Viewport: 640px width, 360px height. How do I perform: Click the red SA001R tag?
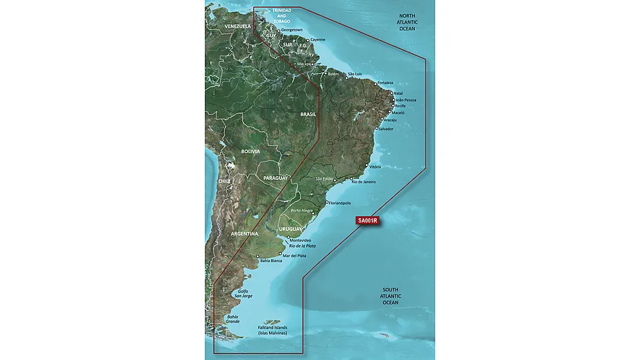(367, 221)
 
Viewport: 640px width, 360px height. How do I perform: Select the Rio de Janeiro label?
(364, 181)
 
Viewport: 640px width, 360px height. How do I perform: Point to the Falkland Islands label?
(272, 330)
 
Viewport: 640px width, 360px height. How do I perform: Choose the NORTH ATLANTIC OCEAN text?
(409, 22)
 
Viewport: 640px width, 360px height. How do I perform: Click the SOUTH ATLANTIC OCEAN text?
(391, 296)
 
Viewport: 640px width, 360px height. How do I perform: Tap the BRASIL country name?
(308, 114)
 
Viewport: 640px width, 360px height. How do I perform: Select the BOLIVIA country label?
(250, 151)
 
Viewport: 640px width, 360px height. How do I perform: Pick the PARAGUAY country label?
(276, 178)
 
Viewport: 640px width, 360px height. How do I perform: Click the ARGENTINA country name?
(243, 234)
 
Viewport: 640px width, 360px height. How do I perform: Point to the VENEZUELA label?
(238, 26)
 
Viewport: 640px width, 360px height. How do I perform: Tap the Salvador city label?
(386, 129)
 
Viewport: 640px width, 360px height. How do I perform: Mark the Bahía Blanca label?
(272, 261)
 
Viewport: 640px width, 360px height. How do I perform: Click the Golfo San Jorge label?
(243, 293)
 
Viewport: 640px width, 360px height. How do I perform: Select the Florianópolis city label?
(344, 203)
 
